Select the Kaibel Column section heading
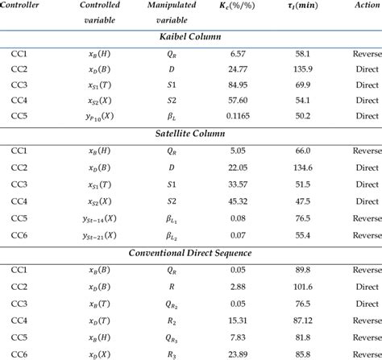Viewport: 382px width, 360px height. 190,36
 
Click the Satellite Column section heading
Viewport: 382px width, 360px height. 190,133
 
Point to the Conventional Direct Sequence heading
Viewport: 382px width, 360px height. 190,253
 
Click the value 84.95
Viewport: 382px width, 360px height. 237,85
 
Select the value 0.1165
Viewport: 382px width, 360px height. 237,117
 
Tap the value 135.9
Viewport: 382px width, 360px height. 303,68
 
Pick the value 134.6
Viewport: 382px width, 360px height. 303,167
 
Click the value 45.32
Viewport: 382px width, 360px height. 237,200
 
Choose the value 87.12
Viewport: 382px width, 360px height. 303,320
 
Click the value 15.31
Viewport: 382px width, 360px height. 237,320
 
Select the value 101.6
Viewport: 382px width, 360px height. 303,287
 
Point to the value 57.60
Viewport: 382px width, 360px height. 237,101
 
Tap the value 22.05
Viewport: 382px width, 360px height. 237,167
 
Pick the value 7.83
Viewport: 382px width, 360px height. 237,337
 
